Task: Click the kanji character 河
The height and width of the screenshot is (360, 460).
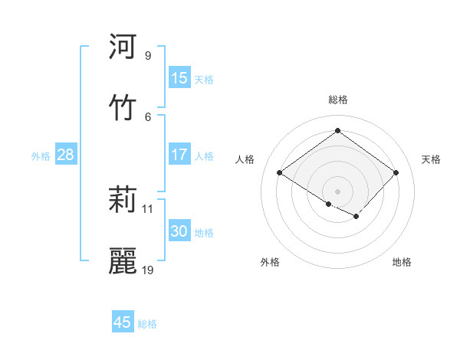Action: pos(123,47)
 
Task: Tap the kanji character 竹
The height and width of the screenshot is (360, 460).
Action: pos(123,107)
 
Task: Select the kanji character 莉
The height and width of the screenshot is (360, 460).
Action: pos(123,201)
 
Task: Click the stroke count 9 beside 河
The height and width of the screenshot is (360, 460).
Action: pos(147,56)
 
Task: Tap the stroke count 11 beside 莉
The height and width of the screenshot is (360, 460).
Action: pos(148,208)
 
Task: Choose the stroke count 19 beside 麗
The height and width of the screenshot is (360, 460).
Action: pos(148,270)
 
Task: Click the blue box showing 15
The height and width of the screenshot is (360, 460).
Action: pos(179,78)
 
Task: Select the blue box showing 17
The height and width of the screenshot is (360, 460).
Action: pos(179,155)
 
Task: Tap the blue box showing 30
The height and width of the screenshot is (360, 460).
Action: pos(179,231)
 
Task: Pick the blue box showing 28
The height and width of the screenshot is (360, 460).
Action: pos(66,155)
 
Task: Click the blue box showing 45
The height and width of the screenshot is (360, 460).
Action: pos(123,322)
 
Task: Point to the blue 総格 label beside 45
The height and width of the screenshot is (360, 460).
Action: pos(147,324)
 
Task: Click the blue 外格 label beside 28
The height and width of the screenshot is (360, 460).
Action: pos(41,156)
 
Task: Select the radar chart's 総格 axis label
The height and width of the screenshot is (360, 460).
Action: pos(337,100)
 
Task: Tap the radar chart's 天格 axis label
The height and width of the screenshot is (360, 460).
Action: pos(431,159)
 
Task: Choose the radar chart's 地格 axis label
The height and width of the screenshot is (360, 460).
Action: pos(402,263)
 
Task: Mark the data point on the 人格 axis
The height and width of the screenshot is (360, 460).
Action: pos(280,173)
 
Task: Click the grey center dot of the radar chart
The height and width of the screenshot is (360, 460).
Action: pos(337,191)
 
